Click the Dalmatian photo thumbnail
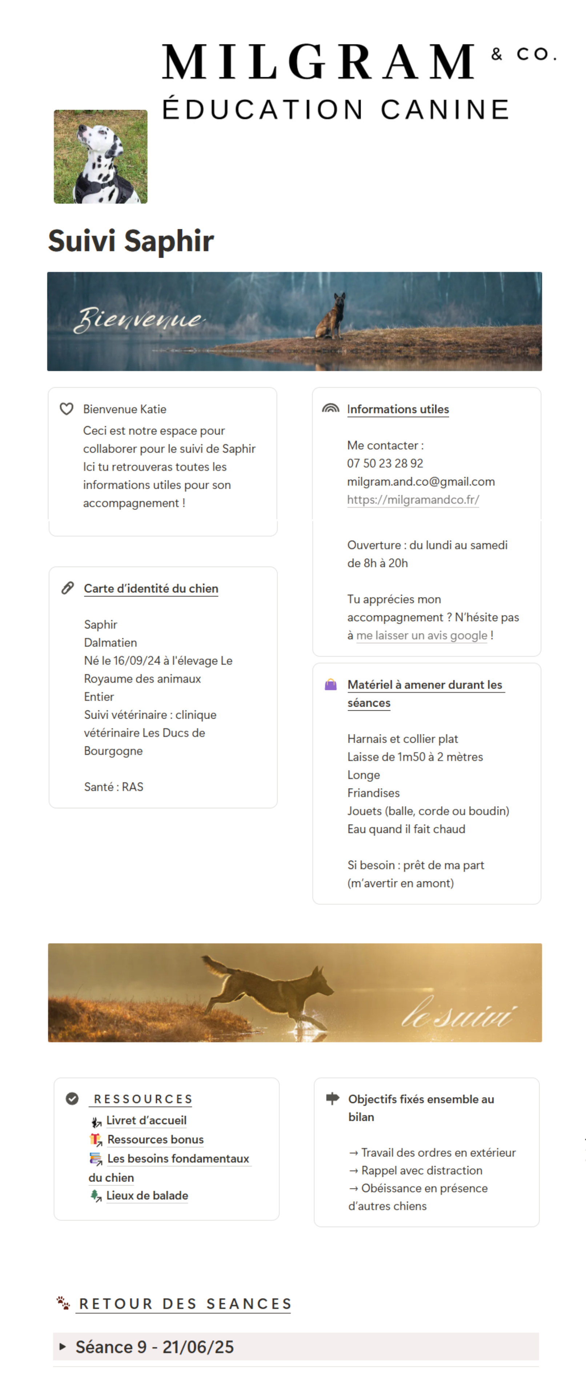tap(100, 156)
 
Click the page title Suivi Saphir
tap(131, 241)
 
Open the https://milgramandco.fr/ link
tap(413, 500)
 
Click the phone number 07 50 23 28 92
tap(385, 463)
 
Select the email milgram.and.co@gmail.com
tap(421, 481)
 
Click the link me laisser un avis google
tap(422, 635)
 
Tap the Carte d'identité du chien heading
tap(151, 589)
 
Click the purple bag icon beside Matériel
tap(330, 684)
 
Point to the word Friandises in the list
tap(373, 793)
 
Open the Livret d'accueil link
tap(146, 1120)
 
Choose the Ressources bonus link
tap(155, 1139)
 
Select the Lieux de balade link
tap(147, 1195)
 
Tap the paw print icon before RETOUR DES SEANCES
tap(63, 1303)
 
